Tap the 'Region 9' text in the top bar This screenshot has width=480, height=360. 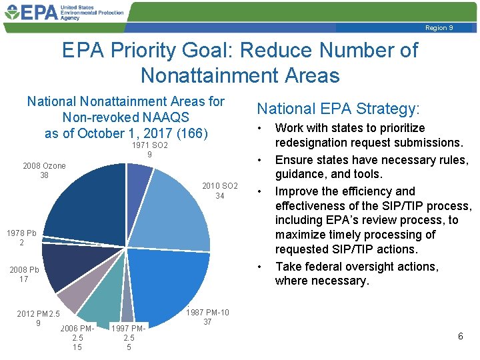(439, 27)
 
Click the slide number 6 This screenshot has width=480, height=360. (460, 337)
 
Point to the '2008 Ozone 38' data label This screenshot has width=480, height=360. (45, 171)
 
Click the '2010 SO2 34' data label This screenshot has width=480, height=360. (219, 191)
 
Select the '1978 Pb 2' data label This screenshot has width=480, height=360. (21, 238)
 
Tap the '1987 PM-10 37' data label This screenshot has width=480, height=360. (207, 317)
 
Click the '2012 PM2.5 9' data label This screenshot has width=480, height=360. (38, 319)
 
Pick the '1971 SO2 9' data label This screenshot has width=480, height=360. (149, 150)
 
